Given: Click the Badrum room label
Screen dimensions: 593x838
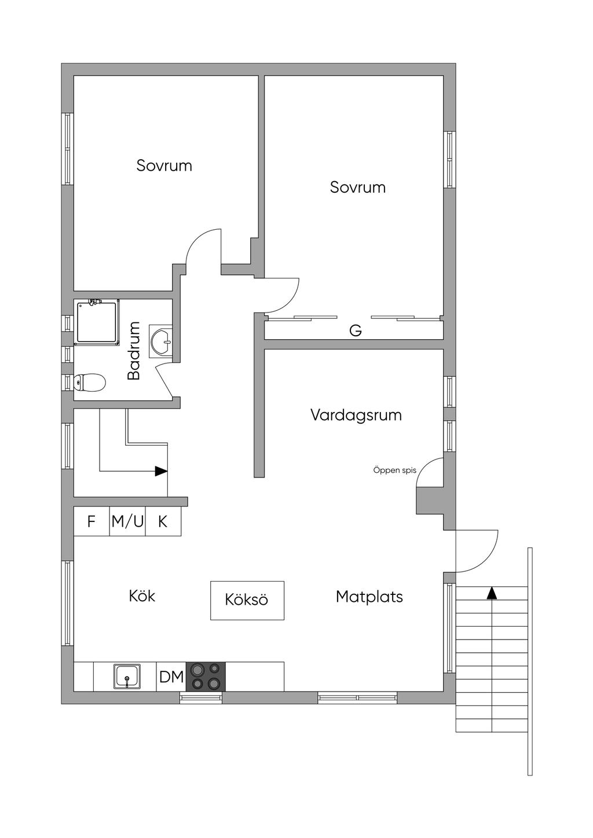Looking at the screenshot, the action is pos(134,351).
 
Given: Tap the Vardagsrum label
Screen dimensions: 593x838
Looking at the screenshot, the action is pos(356,416).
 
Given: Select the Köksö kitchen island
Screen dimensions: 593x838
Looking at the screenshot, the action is pos(247,600).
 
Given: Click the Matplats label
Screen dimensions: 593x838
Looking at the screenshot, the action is pos(369,597).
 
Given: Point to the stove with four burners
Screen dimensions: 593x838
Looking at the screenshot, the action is pos(206,677).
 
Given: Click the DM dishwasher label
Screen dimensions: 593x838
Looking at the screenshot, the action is pos(171,677).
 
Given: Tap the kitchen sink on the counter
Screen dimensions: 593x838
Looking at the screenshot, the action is pos(127,677).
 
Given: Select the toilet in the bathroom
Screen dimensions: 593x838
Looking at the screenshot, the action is pos(90,383).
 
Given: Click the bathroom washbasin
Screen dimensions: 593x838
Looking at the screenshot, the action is pos(162,341).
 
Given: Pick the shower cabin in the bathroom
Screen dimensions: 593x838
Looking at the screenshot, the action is pos(98,322).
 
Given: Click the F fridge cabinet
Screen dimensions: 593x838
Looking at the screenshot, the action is pos(91,521).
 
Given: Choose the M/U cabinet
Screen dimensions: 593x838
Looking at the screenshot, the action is pos(127,521).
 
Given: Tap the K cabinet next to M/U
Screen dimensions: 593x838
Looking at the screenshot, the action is pos(163,521).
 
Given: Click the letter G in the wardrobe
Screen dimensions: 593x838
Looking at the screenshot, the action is pos(355,330).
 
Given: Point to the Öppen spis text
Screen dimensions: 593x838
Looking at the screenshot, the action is pos(394,471).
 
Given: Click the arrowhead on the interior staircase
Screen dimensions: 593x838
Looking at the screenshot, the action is pos(162,471).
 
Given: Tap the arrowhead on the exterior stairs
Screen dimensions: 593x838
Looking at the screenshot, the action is pos(492,593).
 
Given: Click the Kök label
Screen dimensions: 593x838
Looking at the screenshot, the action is pos(142,596).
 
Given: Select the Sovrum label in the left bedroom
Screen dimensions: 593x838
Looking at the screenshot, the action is pos(164,166).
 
